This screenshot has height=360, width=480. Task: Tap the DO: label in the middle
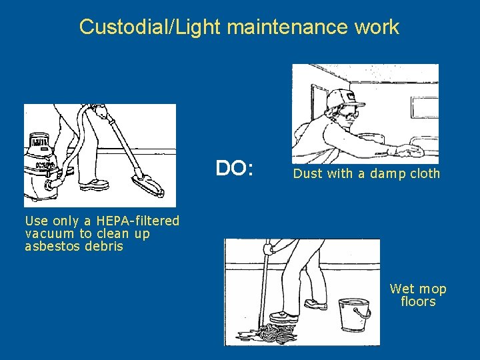[235, 169]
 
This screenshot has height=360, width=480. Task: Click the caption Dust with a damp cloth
[367, 174]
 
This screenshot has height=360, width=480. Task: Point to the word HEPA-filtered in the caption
[138, 221]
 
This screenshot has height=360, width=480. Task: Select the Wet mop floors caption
[418, 295]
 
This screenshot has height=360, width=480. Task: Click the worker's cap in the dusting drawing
[341, 97]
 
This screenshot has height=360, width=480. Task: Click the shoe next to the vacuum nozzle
[98, 183]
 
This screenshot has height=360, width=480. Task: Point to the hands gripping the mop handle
[269, 250]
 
